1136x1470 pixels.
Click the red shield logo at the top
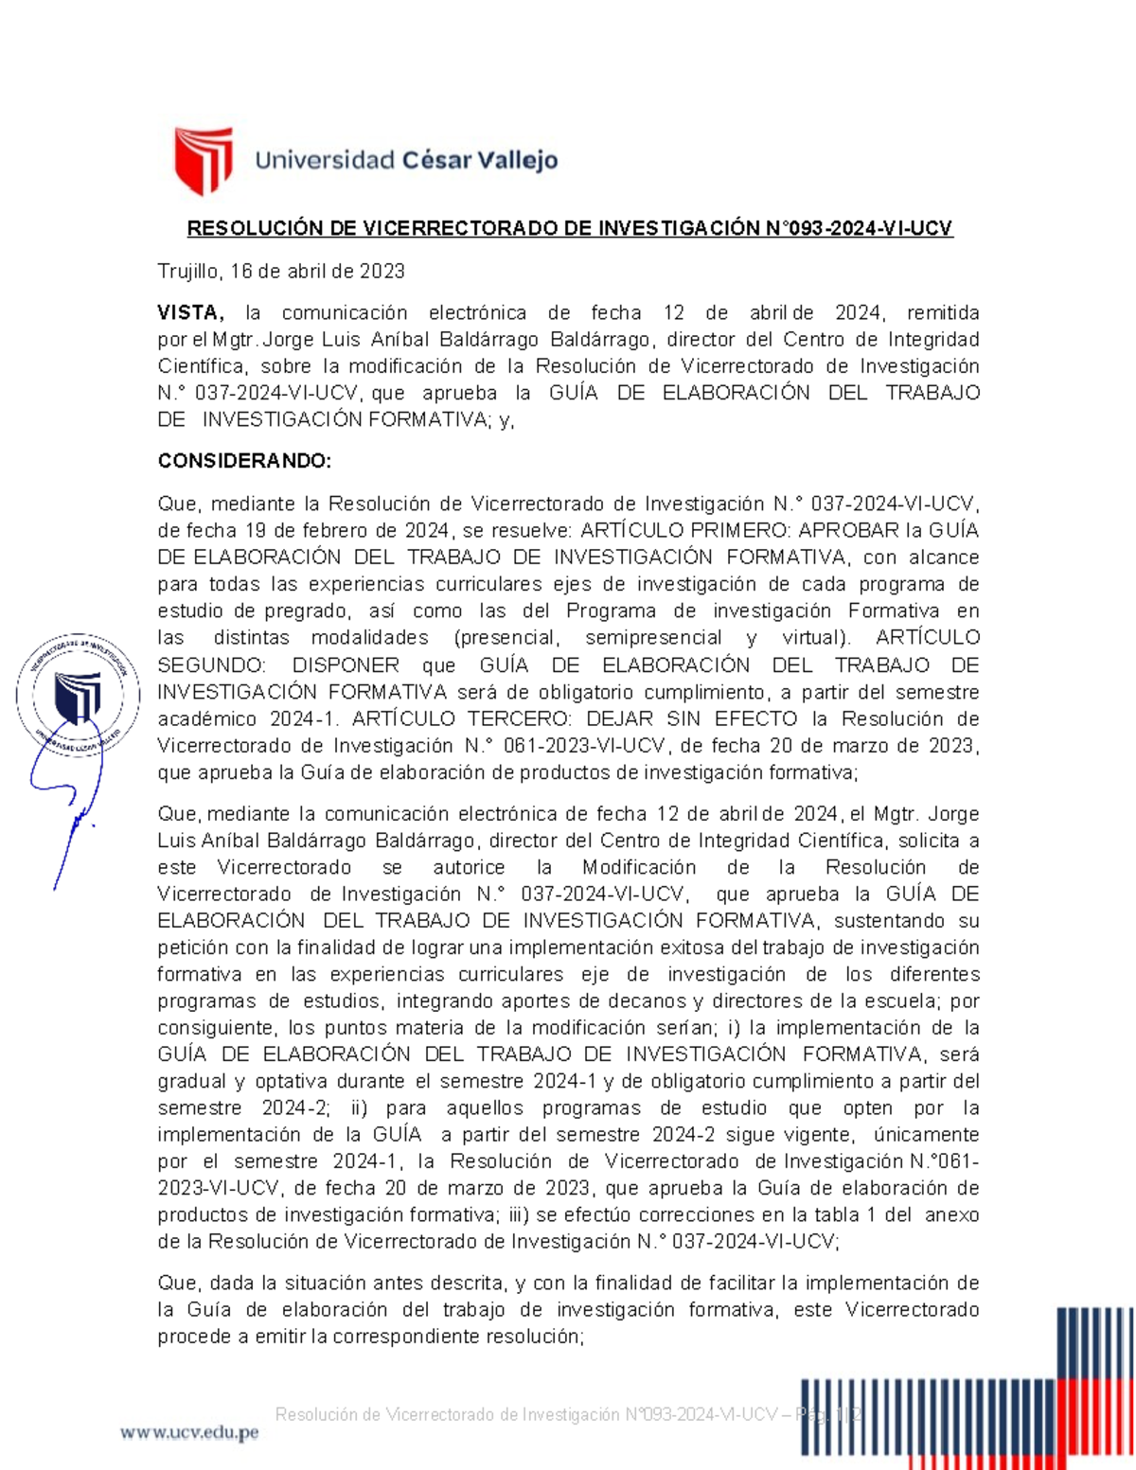(x=203, y=161)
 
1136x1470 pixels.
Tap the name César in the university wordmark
(x=436, y=160)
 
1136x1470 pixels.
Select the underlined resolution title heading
(x=569, y=228)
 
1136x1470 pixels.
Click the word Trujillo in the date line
(x=187, y=272)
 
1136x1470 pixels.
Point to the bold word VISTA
(x=189, y=313)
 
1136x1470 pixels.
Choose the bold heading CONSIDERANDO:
(x=244, y=461)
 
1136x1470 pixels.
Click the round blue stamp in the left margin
(x=78, y=696)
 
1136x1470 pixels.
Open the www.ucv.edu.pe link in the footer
(x=189, y=1433)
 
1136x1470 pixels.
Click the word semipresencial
(x=653, y=638)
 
